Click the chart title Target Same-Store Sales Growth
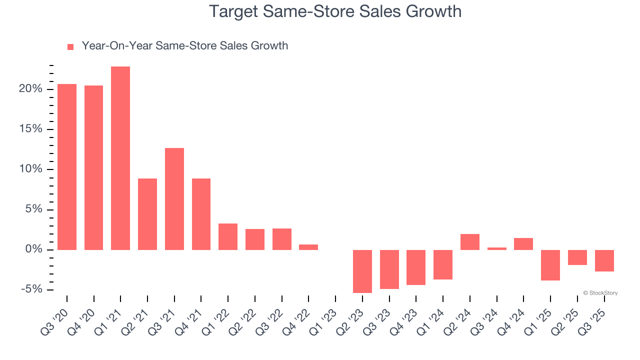click(x=334, y=11)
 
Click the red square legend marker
click(x=70, y=46)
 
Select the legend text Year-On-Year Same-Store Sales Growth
click(x=184, y=46)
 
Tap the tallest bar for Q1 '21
click(x=120, y=158)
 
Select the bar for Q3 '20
click(x=67, y=166)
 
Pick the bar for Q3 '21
click(x=174, y=198)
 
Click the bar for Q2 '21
click(x=147, y=214)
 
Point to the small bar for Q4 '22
click(x=308, y=247)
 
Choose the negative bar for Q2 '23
click(x=362, y=271)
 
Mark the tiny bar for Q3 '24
click(x=497, y=248)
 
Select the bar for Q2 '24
click(x=470, y=241)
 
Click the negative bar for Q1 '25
click(x=550, y=265)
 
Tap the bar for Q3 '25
click(x=604, y=260)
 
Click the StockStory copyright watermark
click(x=600, y=293)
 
